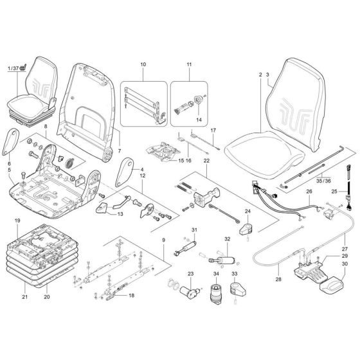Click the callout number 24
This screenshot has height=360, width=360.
[x=247, y=211]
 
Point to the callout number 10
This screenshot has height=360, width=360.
[x=142, y=66]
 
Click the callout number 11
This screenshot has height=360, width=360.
[x=189, y=66]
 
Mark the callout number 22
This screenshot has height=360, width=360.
[x=207, y=159]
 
